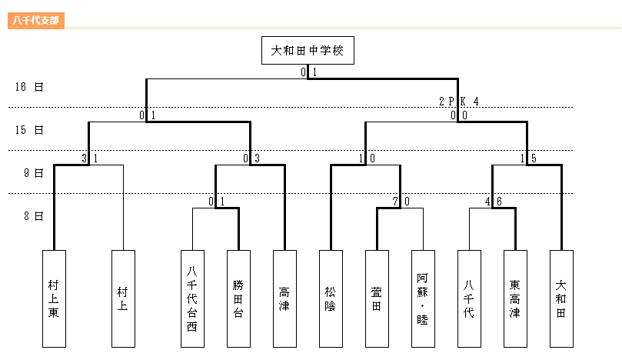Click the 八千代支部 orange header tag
(35, 20)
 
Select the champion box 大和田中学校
(308, 52)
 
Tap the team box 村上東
(54, 298)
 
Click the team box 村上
(123, 298)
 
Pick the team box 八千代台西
(192, 298)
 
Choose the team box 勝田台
(238, 298)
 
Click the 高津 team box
(284, 298)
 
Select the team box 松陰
(331, 298)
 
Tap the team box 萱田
(377, 298)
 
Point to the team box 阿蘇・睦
(423, 298)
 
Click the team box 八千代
(469, 298)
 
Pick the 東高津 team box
(515, 298)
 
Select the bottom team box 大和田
(561, 298)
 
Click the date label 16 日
(29, 87)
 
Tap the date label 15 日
(29, 129)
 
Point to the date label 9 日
(33, 173)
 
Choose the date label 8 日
(33, 216)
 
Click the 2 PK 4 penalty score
(459, 102)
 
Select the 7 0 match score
(400, 202)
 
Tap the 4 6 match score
(493, 202)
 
